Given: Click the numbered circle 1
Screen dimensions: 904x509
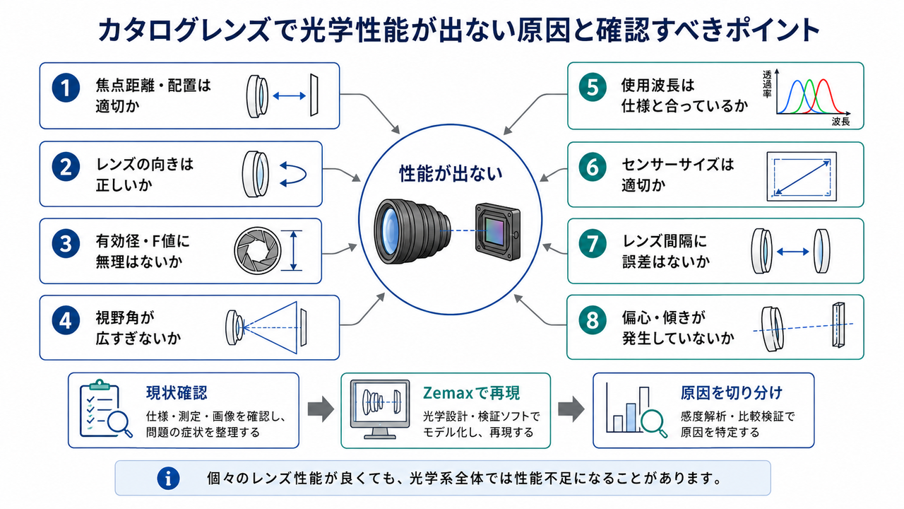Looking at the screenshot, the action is coord(66,88).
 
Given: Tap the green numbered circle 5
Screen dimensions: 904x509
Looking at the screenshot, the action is coord(593,87).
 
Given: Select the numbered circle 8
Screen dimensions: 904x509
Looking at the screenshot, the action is coord(593,320).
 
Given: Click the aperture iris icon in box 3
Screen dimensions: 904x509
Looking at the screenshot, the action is coord(258,250).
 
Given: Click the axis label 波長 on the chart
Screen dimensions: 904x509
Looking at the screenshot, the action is coord(840,122).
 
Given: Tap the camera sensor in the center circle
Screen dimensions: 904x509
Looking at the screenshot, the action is coord(498,231).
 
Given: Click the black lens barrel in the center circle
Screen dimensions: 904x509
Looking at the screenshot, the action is coord(412,231).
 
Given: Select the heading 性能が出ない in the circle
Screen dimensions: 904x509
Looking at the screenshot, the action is coord(451,174).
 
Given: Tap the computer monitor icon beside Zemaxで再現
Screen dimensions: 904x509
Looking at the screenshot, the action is coord(380,409).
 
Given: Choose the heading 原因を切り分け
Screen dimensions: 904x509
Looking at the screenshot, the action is coord(731,392).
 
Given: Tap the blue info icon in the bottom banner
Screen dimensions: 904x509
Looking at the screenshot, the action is coord(168,479).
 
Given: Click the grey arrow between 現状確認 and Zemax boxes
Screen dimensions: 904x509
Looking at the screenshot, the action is coord(321,409).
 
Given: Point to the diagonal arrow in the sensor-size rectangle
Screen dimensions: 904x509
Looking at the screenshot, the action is coord(802,177).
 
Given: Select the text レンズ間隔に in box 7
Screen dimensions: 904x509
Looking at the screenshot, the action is coord(665,241).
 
